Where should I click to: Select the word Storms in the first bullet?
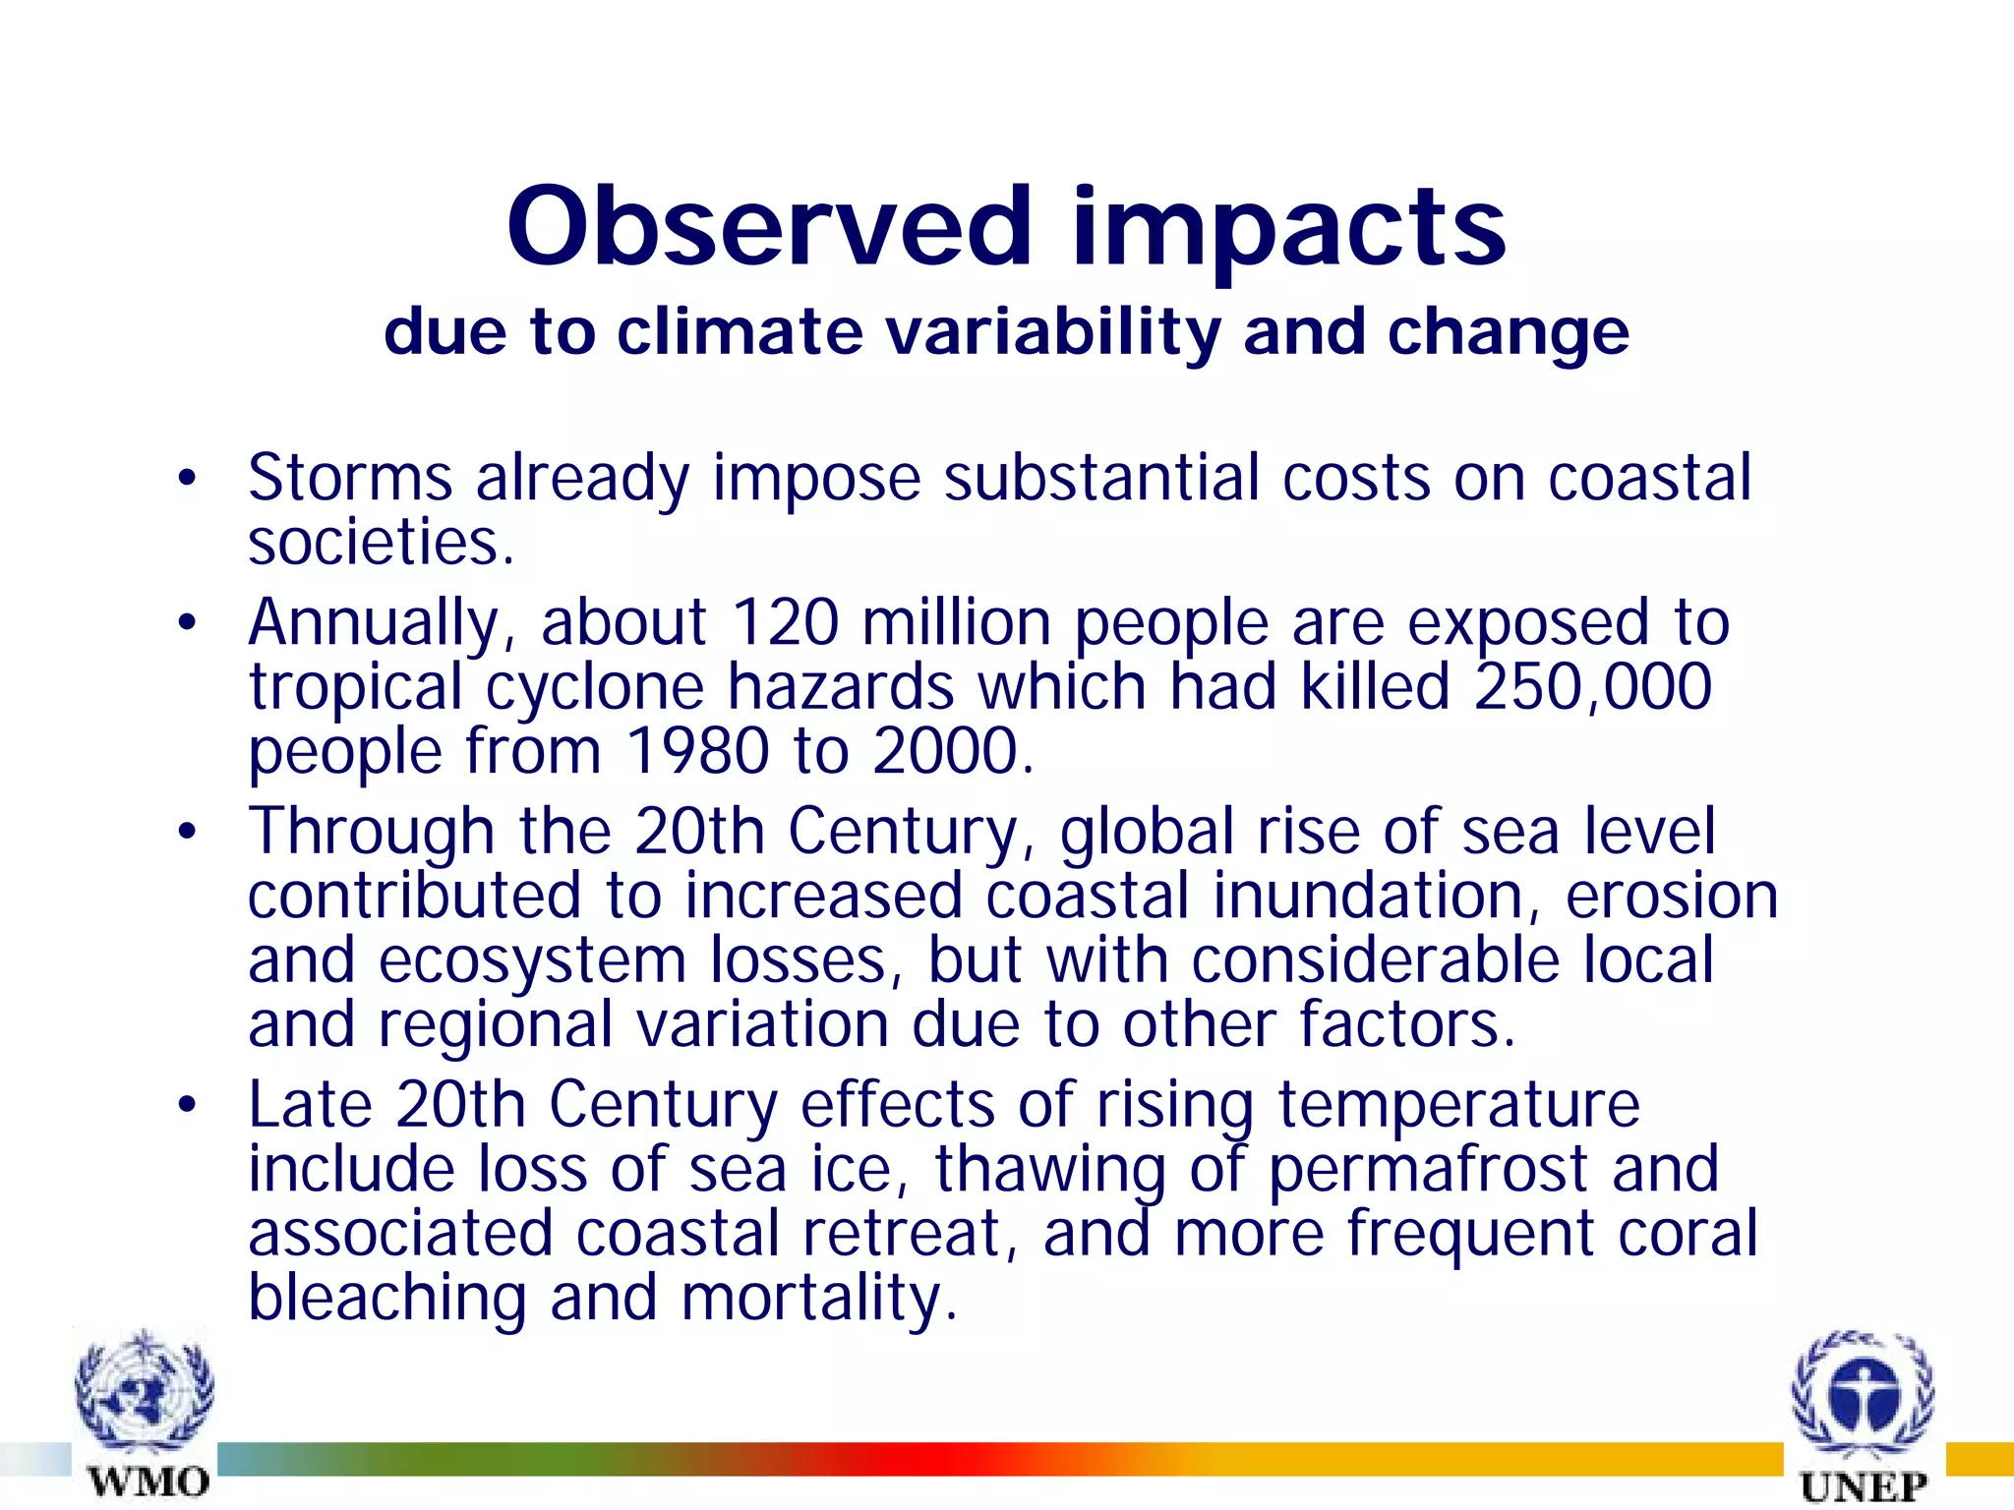point(350,478)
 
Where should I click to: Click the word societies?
point(381,543)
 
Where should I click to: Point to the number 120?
point(785,622)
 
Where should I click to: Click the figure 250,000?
point(1592,687)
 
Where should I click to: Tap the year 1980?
point(697,752)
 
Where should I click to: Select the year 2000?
point(952,752)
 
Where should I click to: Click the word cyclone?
point(595,687)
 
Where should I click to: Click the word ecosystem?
point(532,960)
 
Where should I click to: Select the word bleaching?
point(387,1298)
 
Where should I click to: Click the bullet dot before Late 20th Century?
point(187,1106)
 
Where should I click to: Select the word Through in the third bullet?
point(371,832)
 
